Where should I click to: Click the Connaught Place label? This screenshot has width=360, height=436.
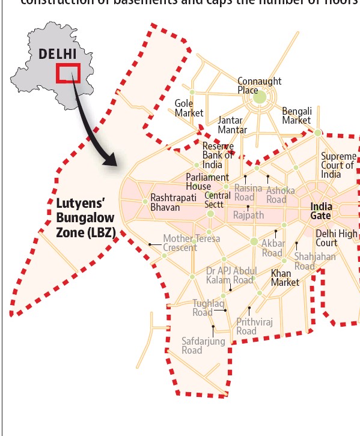pyautogui.click(x=259, y=85)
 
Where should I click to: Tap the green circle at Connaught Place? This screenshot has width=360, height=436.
pyautogui.click(x=260, y=97)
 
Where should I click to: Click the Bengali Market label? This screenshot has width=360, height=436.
pyautogui.click(x=297, y=116)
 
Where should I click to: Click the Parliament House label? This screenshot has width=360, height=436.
pyautogui.click(x=207, y=182)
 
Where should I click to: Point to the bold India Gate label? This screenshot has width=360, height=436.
pyautogui.click(x=325, y=211)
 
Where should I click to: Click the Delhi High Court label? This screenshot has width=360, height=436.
pyautogui.click(x=336, y=238)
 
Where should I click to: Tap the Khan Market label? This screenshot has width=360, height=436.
pyautogui.click(x=285, y=278)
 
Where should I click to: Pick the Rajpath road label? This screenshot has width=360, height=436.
pyautogui.click(x=248, y=214)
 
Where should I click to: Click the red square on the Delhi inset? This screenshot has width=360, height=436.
pyautogui.click(x=68, y=73)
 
